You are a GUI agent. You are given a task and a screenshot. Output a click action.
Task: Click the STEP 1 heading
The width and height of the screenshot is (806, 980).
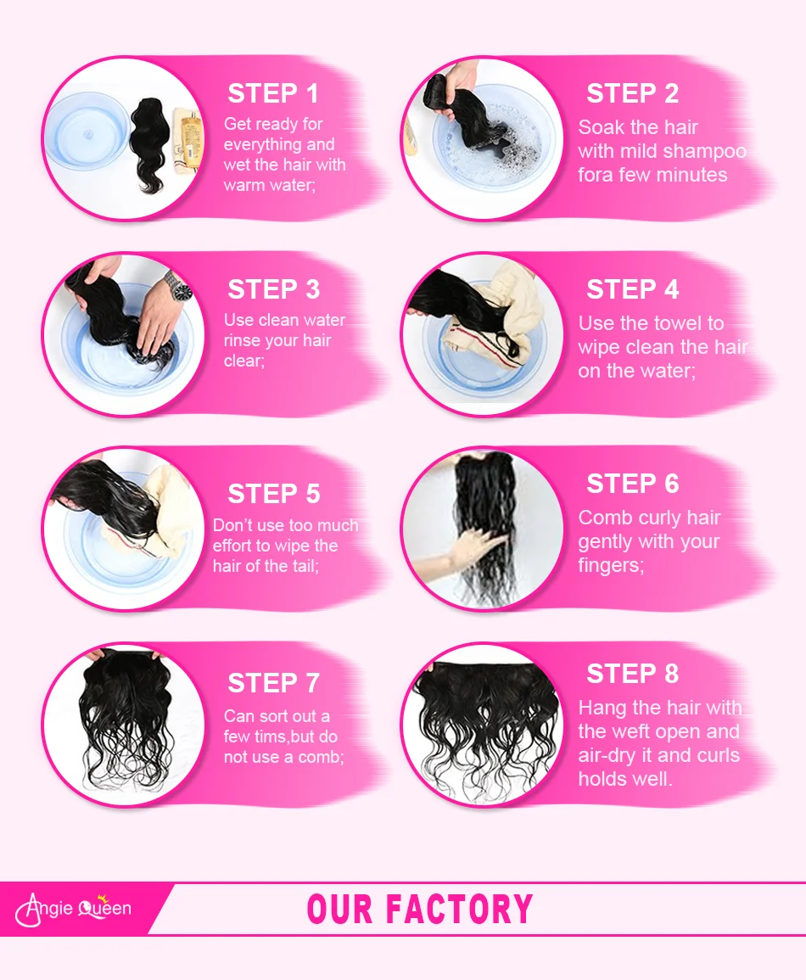(x=273, y=93)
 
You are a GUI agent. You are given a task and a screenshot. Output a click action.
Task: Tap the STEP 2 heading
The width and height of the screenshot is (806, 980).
(x=632, y=93)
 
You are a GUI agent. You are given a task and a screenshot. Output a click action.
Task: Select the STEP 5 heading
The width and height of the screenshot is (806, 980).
(x=273, y=494)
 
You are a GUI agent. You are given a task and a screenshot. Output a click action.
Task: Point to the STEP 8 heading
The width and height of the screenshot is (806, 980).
(x=632, y=674)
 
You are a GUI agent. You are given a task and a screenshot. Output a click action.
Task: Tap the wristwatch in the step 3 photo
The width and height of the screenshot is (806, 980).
(x=177, y=288)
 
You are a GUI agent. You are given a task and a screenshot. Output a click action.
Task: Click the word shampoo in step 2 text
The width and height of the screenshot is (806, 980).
(x=704, y=152)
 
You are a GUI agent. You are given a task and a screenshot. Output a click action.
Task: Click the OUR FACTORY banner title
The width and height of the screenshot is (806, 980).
(x=420, y=910)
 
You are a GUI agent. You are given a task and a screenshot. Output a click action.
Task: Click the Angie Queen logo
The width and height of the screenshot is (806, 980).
(x=75, y=909)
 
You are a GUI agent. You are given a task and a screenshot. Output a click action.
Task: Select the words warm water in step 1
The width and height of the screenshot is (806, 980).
(x=269, y=185)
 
